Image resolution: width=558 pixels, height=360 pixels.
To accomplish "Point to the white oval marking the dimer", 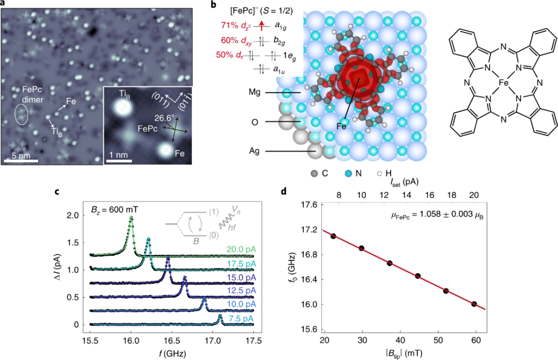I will click(20, 114).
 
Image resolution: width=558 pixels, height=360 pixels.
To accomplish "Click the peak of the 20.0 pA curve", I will click(131, 217).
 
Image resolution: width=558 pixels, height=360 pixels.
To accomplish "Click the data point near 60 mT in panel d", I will click(474, 304).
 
